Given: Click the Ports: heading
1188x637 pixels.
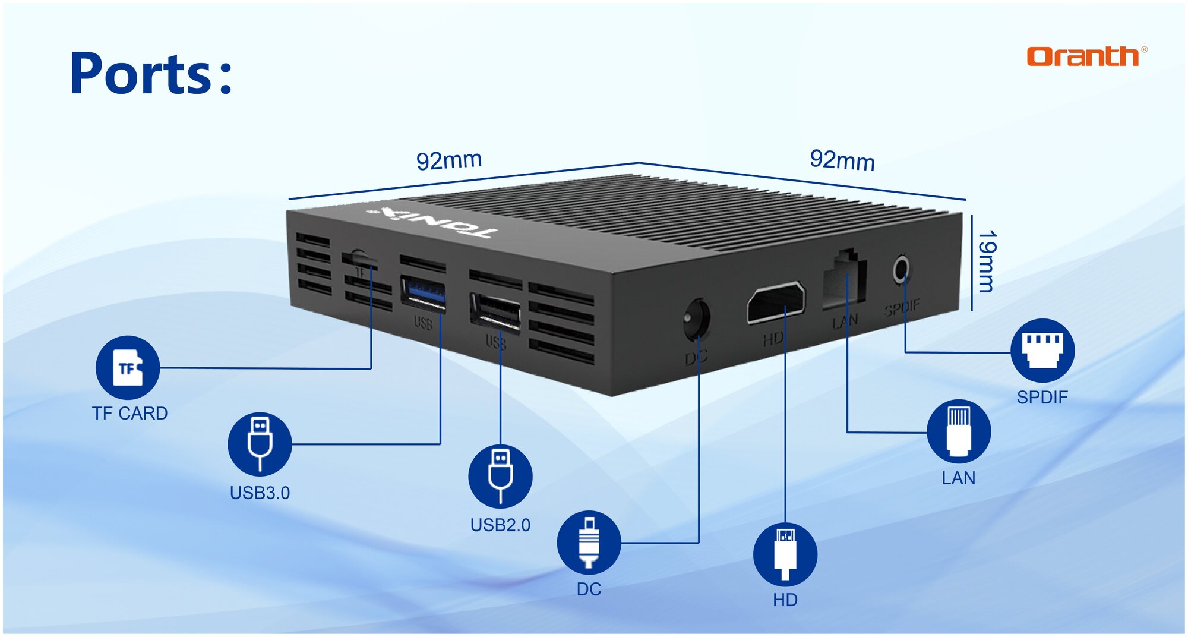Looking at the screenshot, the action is coord(151,74).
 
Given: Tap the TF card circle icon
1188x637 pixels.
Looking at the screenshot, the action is coord(128,368).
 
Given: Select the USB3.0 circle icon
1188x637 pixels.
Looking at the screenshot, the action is coord(260,443).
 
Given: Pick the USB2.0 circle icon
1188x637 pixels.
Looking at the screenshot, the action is coord(500,476).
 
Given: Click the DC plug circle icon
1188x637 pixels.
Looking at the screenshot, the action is coord(589,542).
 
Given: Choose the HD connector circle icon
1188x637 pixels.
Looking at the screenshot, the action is coord(785,554).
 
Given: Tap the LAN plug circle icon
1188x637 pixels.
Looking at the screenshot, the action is coord(958,431).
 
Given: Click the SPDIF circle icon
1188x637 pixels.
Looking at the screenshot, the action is coord(1042,351).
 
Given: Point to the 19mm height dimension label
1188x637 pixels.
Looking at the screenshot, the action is coord(987,261).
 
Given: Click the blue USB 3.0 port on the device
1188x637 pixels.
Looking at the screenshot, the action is coord(424,293).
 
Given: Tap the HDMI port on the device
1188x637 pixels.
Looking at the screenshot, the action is coord(776,301).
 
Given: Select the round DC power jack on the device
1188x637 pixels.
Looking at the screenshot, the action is coord(697,318).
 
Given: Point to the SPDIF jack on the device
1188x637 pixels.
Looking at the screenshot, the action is coord(901,270).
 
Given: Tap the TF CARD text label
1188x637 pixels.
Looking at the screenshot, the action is coord(129,413).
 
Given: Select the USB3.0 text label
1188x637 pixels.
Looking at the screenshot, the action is coord(260,493).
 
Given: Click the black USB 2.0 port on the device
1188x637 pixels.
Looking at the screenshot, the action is coord(496,310).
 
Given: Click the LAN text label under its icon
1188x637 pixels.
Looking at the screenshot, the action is coord(958,478).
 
